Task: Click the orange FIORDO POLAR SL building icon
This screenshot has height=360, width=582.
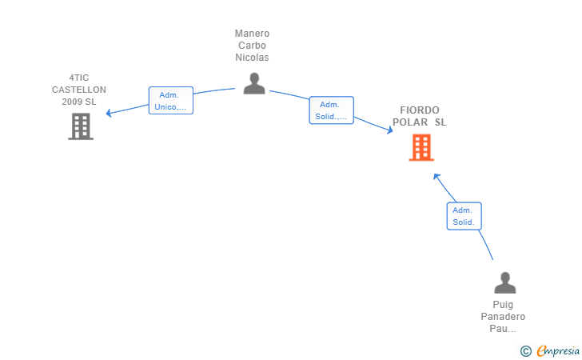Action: [x=421, y=147]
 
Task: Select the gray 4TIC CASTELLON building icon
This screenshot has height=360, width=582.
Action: [x=81, y=126]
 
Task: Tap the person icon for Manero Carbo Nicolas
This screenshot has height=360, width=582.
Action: [x=254, y=83]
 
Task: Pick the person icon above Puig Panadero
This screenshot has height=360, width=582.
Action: [x=504, y=282]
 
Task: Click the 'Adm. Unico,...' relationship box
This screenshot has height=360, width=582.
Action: [x=171, y=100]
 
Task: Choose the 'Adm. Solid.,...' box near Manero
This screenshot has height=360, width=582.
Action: [x=332, y=110]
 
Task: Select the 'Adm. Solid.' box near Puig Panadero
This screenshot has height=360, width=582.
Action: [x=464, y=216]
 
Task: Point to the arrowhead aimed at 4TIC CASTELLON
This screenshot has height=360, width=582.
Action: [x=109, y=113]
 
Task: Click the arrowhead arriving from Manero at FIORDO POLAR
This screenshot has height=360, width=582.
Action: [x=390, y=130]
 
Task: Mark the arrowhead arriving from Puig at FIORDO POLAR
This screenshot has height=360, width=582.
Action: [x=436, y=177]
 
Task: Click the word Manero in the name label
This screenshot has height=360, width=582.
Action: [x=252, y=34]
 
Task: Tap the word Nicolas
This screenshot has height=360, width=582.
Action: [x=252, y=58]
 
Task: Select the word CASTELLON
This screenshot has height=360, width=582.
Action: [x=79, y=90]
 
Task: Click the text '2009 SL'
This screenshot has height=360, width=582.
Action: [x=79, y=102]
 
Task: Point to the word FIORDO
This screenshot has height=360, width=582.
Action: [x=420, y=110]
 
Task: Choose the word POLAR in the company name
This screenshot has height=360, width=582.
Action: [x=410, y=122]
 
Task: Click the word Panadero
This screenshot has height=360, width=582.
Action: [x=503, y=317]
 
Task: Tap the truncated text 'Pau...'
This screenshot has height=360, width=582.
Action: [x=503, y=329]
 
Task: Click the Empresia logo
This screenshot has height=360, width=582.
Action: [x=558, y=350]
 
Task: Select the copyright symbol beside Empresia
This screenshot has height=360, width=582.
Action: [x=526, y=351]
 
